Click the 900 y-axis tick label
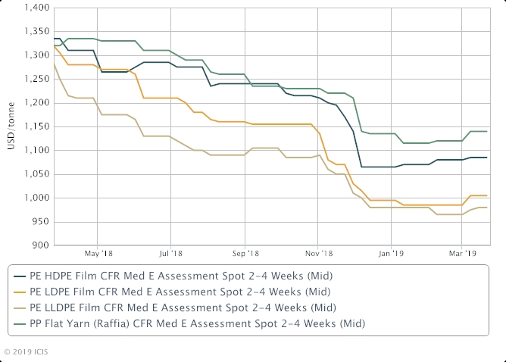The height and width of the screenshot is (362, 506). [x=41, y=245]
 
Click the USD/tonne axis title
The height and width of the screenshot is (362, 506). [x=11, y=127]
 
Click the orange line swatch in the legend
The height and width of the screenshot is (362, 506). [x=19, y=291]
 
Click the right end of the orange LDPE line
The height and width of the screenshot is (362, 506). [x=486, y=195]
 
